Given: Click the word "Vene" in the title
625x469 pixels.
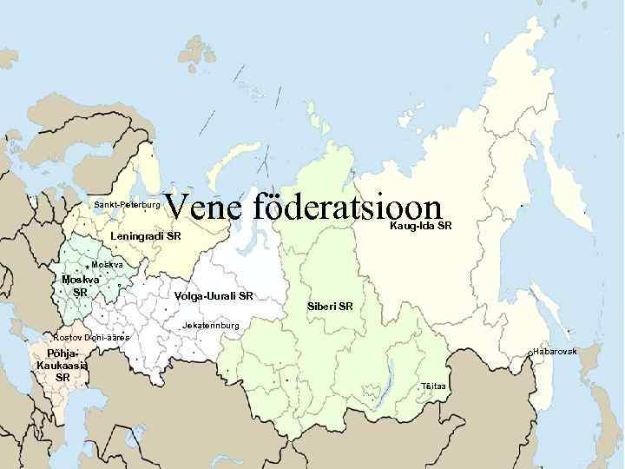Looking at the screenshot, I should [202, 208].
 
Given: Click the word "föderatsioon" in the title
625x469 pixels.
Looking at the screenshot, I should [350, 208].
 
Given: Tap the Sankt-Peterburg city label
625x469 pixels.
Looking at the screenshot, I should [127, 205].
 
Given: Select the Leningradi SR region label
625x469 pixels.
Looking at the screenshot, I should [146, 236].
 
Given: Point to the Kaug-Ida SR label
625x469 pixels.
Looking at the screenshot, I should [421, 227].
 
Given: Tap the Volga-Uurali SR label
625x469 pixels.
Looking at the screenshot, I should [213, 296].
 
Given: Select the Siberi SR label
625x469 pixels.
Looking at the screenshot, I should [330, 307].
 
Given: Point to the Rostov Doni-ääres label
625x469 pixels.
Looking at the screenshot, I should [91, 337].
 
